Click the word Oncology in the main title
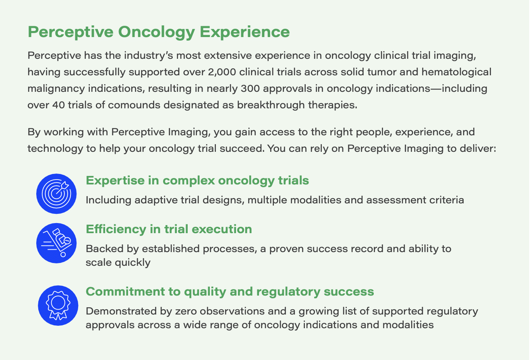point(157,32)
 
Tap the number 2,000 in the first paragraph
point(222,72)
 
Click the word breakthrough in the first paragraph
point(271,105)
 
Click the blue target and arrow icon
point(56,194)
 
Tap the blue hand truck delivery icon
point(56,243)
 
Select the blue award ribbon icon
point(58,305)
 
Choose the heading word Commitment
point(125,292)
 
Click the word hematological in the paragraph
point(456,72)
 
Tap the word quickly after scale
point(133,263)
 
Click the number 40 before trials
point(58,105)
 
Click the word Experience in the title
point(245,32)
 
